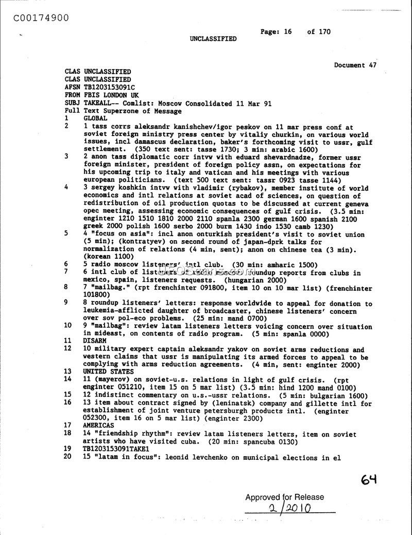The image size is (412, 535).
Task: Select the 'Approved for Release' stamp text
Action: coord(285,497)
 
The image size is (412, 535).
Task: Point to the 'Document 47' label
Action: coord(355,65)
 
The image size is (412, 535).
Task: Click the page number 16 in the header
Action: coord(287,31)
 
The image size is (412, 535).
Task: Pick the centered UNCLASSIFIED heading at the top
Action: coord(213,39)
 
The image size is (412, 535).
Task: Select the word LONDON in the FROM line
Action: coord(118,95)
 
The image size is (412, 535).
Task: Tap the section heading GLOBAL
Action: coord(95,118)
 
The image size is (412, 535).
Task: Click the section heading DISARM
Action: coord(95,341)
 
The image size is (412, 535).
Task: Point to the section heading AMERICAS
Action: coord(99,425)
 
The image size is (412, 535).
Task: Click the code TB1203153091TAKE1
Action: coord(116,449)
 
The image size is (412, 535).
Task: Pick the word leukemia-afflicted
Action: coord(117,311)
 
